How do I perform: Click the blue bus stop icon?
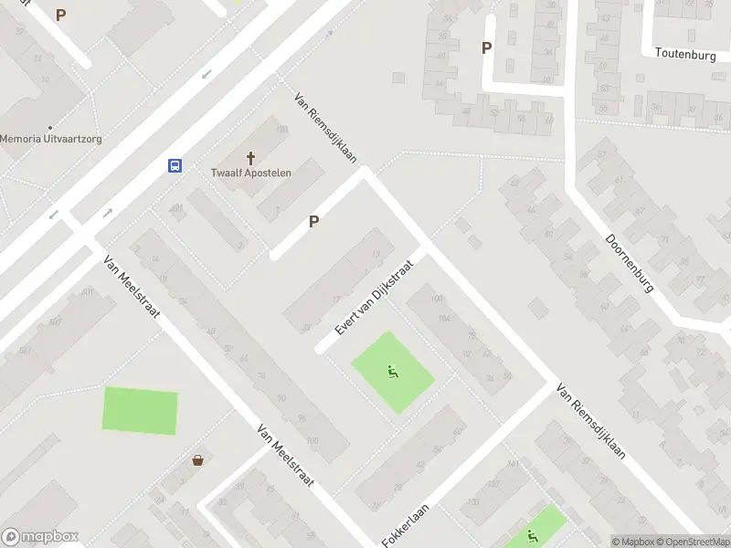175,165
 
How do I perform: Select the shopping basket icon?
197,459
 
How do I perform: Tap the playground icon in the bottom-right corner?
532,536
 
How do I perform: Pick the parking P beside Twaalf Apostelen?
313,221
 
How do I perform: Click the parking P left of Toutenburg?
486,47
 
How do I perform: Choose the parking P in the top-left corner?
61,15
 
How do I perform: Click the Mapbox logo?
39,536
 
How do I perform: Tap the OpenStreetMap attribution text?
691,542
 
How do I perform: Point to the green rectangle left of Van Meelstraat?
140,410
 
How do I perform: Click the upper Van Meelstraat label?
132,286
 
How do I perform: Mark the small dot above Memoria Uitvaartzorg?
49,128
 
